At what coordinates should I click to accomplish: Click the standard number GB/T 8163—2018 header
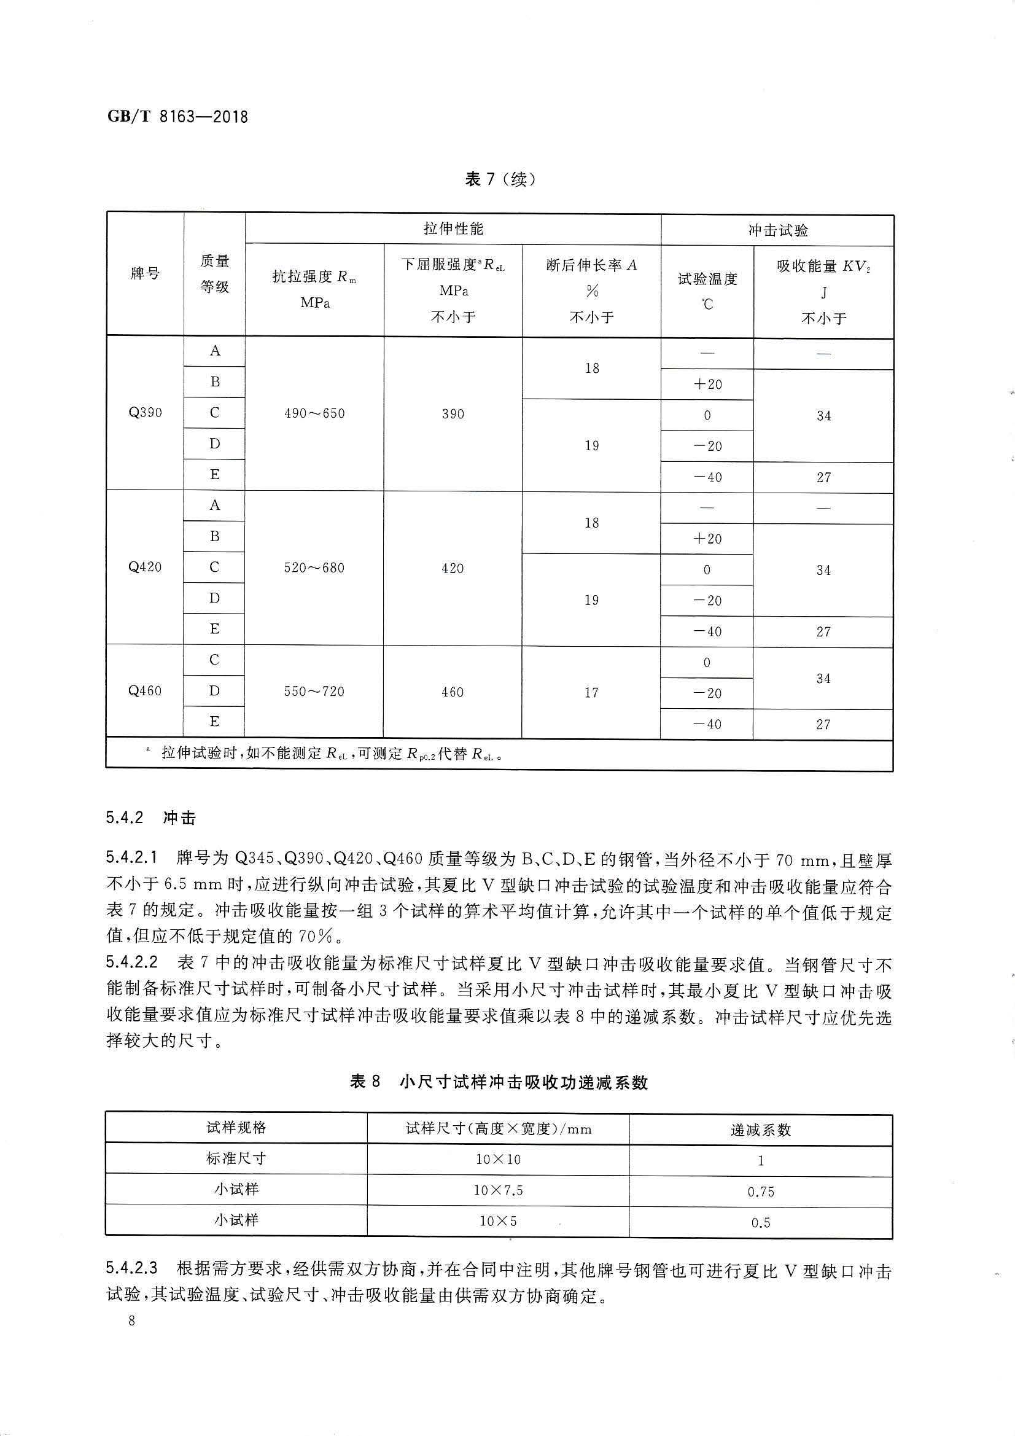coord(177,116)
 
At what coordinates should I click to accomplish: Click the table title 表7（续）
coord(500,179)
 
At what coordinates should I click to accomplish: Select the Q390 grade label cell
coord(145,413)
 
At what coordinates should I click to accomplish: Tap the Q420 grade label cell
coord(145,568)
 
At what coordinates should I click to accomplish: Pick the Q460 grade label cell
coord(145,691)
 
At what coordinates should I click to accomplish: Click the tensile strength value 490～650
coord(314,413)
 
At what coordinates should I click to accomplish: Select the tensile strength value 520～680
coord(314,568)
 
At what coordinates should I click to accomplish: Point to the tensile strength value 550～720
coord(314,692)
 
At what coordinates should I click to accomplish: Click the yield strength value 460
coord(453,692)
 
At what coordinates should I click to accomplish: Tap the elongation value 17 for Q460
coord(591,692)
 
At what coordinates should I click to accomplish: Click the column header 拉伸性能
coord(453,229)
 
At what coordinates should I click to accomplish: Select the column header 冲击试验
coord(777,230)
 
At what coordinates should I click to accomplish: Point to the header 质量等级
coord(214,274)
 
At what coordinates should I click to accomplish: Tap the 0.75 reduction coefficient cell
coord(760,1192)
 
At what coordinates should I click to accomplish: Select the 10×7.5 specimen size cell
coord(498,1190)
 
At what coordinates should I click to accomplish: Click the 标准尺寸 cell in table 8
coord(236,1158)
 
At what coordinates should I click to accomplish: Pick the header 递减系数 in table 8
coord(760,1130)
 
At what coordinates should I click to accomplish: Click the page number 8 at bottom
coord(131,1339)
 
